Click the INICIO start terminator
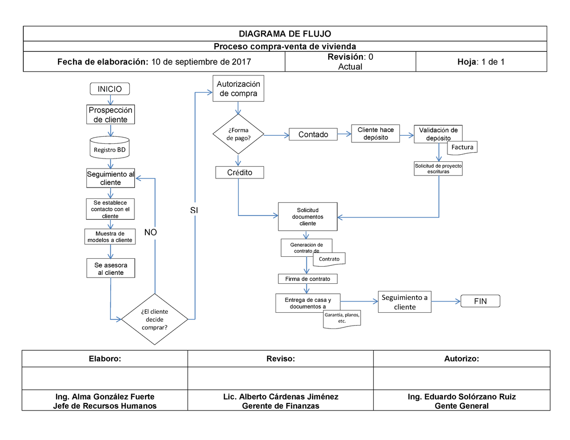coord(110,89)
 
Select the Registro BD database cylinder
coord(110,148)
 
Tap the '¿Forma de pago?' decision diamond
coord(238,134)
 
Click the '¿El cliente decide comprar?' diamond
coord(154,319)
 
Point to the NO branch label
coord(151,232)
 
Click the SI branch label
coord(194,210)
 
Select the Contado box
coord(313,134)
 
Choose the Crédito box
coord(240,172)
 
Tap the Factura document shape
coord(462,148)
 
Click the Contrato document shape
coord(329,260)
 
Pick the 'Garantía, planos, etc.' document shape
coord(342,319)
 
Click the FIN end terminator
coord(480,301)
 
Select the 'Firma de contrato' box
coord(308,279)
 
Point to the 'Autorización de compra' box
coord(238,89)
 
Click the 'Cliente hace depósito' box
coord(376,134)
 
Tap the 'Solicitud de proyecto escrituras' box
coord(438,169)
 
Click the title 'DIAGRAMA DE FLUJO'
coord(285,34)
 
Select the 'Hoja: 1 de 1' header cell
coord(481,62)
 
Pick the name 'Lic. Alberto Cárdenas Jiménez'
coord(281,396)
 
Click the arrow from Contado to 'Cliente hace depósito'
coord(344,134)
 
